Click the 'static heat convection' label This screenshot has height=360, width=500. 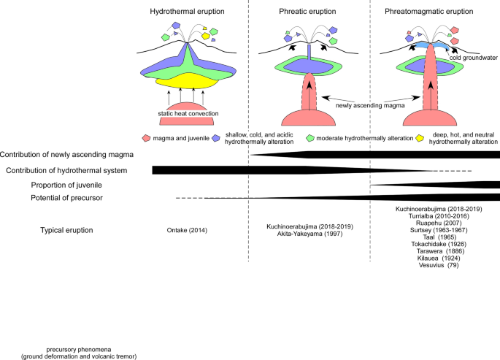coord(188,114)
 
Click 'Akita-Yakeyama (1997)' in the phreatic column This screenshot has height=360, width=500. coord(310,235)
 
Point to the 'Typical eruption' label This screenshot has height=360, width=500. coord(66,231)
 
